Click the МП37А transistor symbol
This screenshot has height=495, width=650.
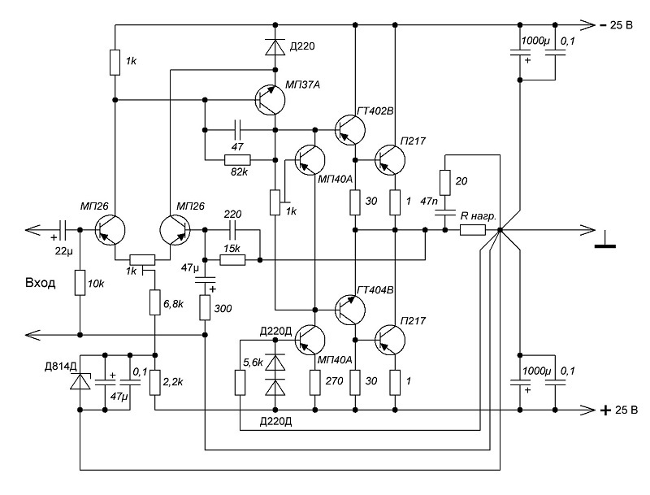pyautogui.click(x=270, y=100)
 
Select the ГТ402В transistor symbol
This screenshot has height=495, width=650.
pyautogui.click(x=350, y=130)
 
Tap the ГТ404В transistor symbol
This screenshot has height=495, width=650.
pyautogui.click(x=350, y=310)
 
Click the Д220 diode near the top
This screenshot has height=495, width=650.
pyautogui.click(x=275, y=47)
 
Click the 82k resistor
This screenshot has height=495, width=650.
pyautogui.click(x=237, y=159)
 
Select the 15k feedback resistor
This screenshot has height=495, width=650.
pyautogui.click(x=232, y=260)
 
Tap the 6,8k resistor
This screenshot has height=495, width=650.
pyautogui.click(x=154, y=302)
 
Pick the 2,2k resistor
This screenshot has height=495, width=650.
pyautogui.click(x=154, y=383)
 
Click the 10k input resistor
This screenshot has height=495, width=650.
pyautogui.click(x=80, y=283)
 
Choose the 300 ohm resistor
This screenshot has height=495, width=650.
pyautogui.click(x=205, y=307)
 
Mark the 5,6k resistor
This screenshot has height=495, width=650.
pyautogui.click(x=240, y=383)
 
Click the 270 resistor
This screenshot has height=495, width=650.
pyautogui.click(x=315, y=383)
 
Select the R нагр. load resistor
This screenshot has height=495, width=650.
pyautogui.click(x=473, y=230)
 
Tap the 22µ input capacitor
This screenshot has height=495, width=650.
pyautogui.click(x=63, y=230)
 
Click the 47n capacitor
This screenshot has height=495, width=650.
pyautogui.click(x=444, y=213)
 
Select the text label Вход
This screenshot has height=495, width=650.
pyautogui.click(x=40, y=283)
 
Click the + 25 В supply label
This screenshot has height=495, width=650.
pyautogui.click(x=619, y=410)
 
